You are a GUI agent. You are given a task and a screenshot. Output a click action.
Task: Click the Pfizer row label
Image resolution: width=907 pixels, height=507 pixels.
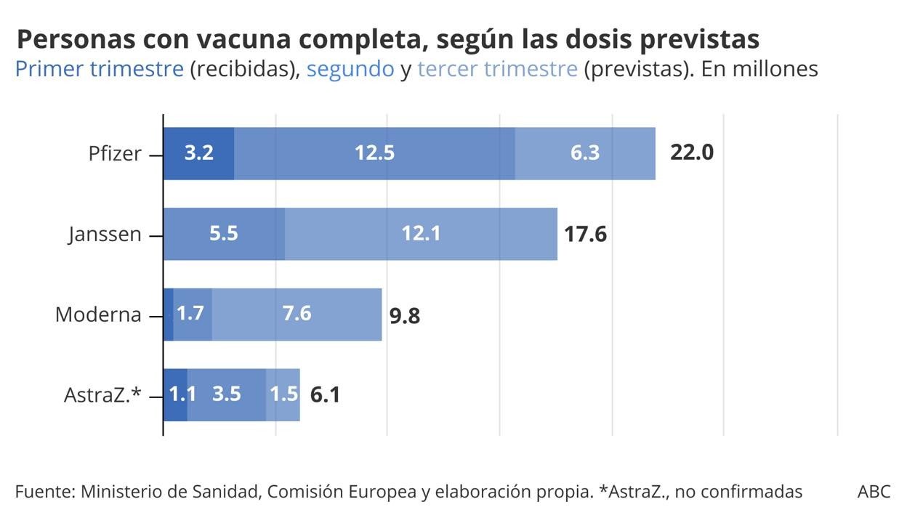pos(115,154)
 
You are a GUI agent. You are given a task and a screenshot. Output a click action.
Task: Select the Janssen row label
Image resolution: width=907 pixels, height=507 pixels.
pos(105,235)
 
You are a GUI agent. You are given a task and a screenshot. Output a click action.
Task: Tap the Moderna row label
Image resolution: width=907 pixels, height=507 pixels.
pos(98,315)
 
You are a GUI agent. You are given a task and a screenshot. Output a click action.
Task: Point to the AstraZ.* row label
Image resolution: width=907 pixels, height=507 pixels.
pos(102,396)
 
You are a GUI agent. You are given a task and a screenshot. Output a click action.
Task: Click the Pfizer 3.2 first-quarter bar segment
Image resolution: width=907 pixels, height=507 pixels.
pos(198,153)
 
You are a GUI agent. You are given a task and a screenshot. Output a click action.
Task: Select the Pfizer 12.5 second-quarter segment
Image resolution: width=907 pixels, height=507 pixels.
pos(374,153)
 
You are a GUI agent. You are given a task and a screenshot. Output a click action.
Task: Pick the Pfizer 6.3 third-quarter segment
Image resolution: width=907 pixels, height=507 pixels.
pos(585,153)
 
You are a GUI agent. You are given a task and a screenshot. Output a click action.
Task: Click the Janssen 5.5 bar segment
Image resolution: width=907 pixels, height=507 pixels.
pos(224,234)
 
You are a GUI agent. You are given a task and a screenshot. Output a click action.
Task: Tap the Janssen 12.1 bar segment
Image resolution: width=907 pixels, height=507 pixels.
pos(421,234)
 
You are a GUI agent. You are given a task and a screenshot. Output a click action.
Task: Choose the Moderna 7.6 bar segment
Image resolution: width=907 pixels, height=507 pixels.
pos(297,314)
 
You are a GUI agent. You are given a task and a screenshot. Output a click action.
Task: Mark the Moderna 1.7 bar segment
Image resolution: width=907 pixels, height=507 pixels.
pos(192,314)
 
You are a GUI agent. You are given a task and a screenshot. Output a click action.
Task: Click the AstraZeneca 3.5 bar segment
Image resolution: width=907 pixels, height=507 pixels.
pos(227,394)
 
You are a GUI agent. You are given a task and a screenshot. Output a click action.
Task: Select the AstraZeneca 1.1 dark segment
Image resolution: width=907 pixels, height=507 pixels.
pos(175,394)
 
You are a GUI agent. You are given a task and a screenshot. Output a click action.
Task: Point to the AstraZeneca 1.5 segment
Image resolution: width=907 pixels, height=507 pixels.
pos(283,394)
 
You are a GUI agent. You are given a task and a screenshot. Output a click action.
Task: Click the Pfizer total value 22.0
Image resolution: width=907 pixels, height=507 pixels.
pos(692,153)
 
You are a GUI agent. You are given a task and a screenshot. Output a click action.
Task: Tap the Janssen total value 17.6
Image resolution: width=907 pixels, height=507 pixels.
pos(585,234)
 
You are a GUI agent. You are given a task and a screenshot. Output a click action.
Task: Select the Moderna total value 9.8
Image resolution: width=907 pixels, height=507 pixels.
pos(405,316)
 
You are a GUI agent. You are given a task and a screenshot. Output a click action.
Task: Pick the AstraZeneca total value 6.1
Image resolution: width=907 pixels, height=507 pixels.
pos(325,395)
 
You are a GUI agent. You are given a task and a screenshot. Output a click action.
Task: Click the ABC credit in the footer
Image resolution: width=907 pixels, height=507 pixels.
pos(874,492)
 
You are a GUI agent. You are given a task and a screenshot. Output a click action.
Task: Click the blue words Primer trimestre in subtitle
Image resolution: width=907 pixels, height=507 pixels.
pos(99,69)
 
